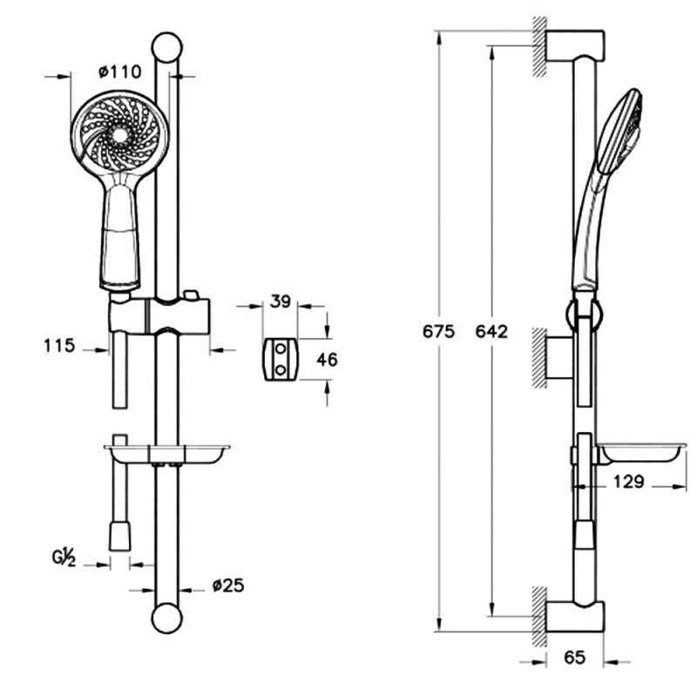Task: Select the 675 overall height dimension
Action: (438, 332)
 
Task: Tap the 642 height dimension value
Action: (492, 332)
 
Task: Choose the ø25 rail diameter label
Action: (227, 585)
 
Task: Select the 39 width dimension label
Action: (280, 301)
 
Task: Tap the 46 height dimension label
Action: (327, 359)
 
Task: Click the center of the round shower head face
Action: (116, 136)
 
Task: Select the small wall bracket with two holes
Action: (280, 359)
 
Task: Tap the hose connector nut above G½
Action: (119, 534)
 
